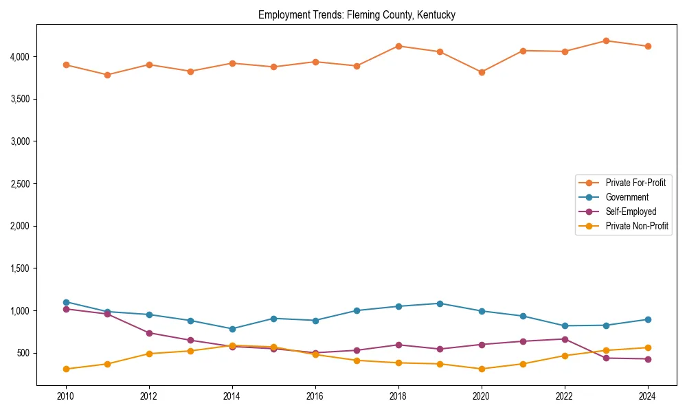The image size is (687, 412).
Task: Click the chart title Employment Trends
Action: pos(357,15)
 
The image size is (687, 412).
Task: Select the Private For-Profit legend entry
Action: pos(635,183)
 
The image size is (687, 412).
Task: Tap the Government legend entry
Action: pos(627,197)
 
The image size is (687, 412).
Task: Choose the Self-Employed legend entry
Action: pos(631,211)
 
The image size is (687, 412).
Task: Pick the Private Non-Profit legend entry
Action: pos(637,226)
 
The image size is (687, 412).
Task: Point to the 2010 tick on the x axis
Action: pos(66,396)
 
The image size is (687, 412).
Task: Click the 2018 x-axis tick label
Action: pos(398,396)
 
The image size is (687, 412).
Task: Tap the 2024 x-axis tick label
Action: pos(647,396)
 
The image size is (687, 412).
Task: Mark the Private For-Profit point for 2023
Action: pos(606,41)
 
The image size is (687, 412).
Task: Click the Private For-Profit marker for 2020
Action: pos(482,72)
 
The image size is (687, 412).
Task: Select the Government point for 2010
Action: pos(66,302)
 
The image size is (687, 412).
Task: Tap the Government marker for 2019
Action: pos(440,304)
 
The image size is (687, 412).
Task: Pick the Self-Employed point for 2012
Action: pos(149,333)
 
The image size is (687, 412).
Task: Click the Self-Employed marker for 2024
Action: pos(647,359)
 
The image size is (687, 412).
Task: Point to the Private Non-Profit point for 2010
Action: pos(66,369)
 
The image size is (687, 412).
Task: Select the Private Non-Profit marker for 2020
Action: pos(482,369)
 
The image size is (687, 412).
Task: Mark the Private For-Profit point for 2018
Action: pos(398,46)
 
